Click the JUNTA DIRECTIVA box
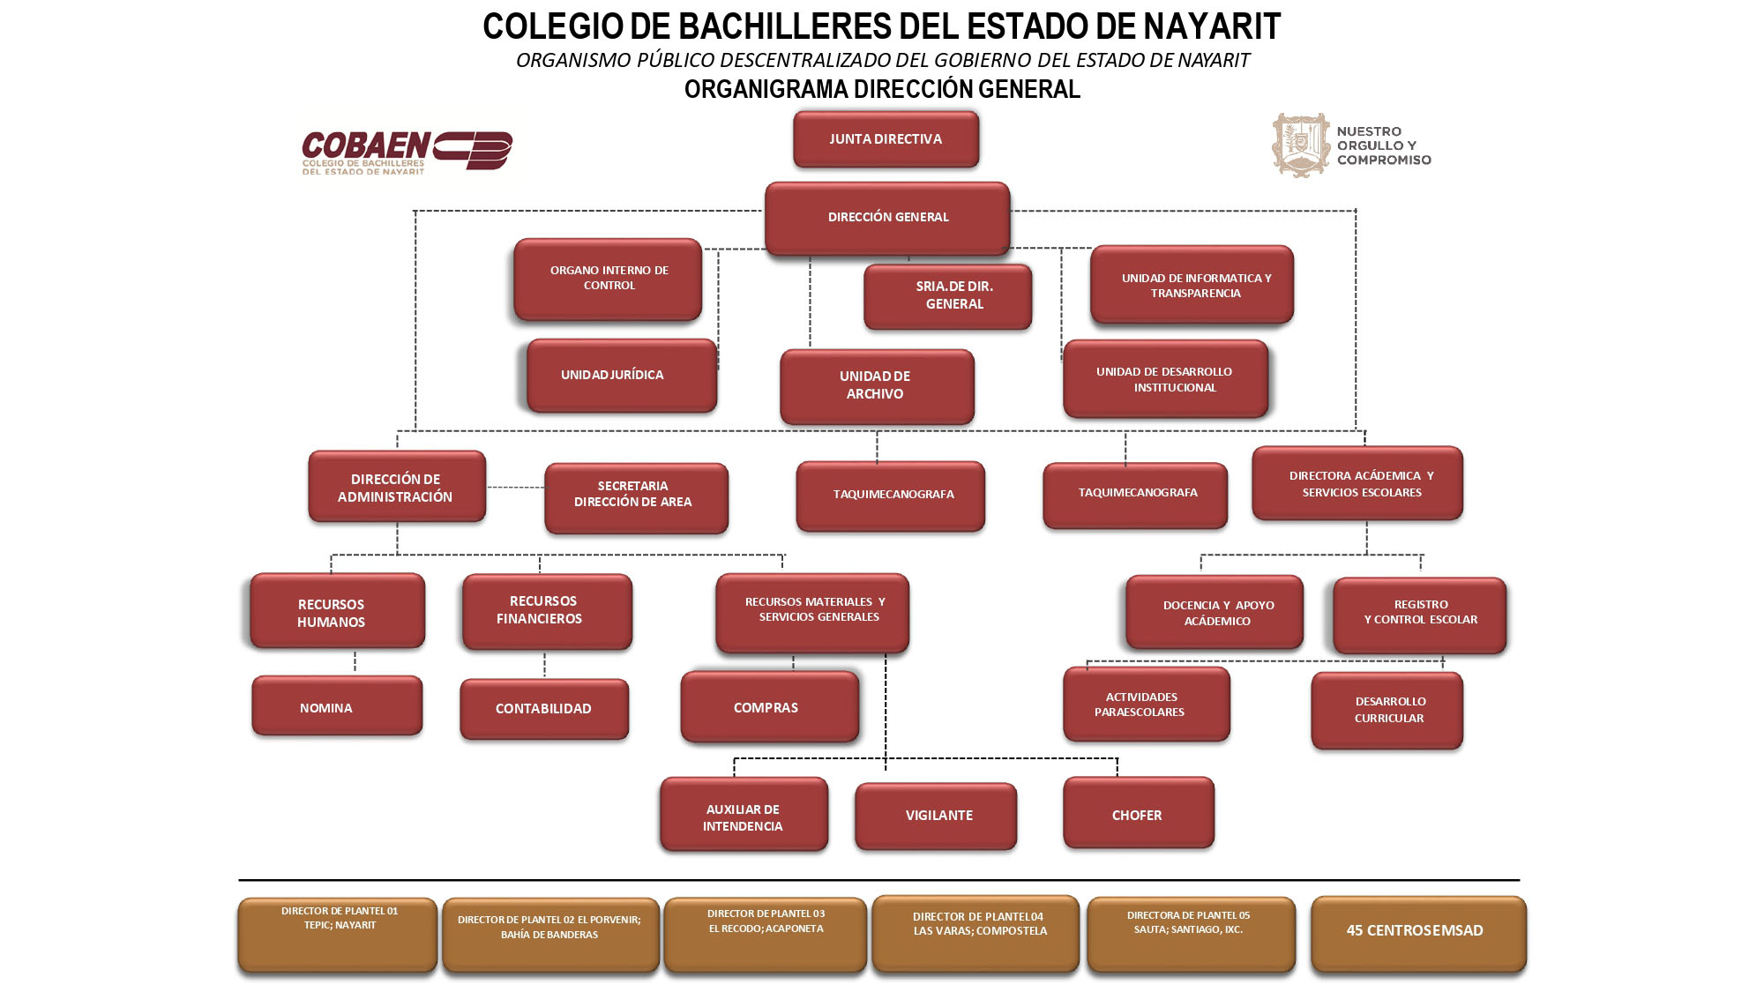click(886, 139)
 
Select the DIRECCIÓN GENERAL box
click(887, 218)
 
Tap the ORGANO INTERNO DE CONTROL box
click(609, 279)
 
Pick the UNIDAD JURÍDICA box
click(622, 376)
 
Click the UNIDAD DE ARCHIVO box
click(877, 386)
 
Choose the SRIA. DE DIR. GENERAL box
click(948, 296)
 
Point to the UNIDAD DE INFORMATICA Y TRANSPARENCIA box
click(1192, 285)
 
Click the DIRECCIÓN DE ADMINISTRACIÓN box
click(397, 488)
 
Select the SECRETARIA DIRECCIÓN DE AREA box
click(636, 497)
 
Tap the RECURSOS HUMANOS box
click(337, 612)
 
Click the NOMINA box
click(337, 706)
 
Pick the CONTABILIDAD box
click(544, 709)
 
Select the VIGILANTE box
click(936, 816)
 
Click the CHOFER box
click(1139, 814)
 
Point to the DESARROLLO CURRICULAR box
click(1387, 710)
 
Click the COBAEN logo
click(407, 152)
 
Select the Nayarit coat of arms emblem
click(1300, 145)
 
